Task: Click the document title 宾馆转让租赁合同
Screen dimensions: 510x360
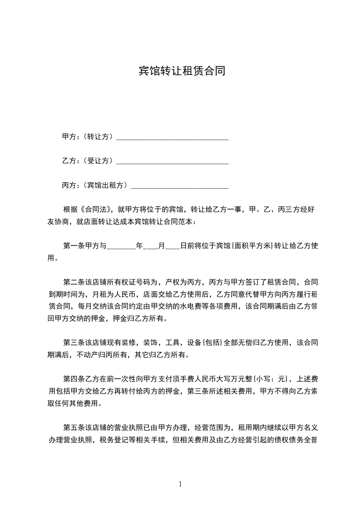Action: [x=182, y=71]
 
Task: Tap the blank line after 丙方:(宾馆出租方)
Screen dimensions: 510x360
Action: [x=179, y=186]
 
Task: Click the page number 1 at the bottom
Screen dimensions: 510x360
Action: [x=180, y=484]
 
